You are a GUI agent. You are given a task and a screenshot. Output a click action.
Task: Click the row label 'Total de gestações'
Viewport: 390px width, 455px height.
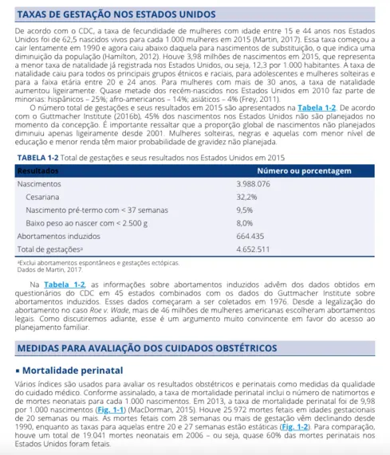47,249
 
